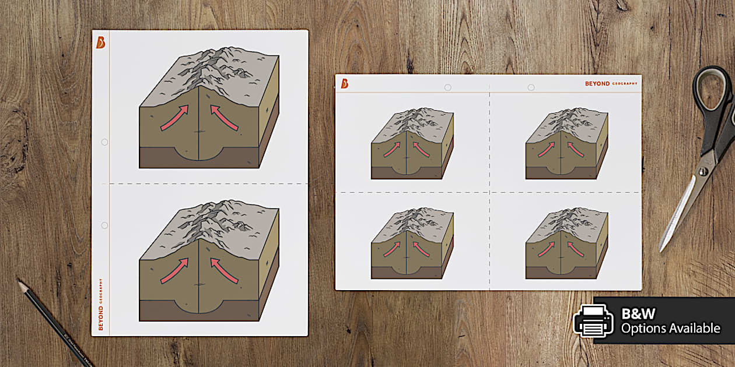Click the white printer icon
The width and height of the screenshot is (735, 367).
tap(594, 320)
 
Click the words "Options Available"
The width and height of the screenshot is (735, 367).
tap(670, 329)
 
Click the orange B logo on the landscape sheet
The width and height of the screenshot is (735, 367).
tap(345, 84)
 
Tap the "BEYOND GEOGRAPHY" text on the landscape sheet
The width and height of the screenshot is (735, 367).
tap(611, 84)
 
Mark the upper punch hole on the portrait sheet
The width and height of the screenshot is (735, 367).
tap(104, 142)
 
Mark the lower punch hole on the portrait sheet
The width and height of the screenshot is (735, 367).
tap(104, 225)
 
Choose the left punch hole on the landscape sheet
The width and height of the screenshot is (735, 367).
tap(447, 87)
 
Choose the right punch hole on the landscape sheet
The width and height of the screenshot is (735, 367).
tap(531, 87)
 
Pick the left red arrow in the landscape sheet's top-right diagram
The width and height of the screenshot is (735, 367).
tap(546, 149)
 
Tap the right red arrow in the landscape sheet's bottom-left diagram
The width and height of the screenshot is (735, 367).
tap(421, 248)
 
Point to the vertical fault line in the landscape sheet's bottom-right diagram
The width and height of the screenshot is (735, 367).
tap(561, 250)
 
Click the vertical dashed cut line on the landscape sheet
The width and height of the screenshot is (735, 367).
tap(489, 233)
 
